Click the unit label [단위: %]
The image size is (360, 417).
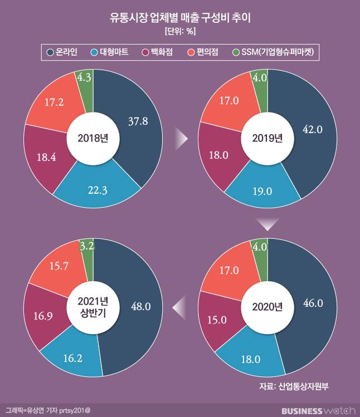click(x=179, y=31)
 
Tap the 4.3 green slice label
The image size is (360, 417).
click(x=85, y=79)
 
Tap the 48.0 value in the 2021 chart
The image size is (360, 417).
click(x=139, y=306)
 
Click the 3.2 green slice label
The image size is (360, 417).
click(x=86, y=245)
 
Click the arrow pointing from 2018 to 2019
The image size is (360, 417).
click(x=181, y=139)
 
